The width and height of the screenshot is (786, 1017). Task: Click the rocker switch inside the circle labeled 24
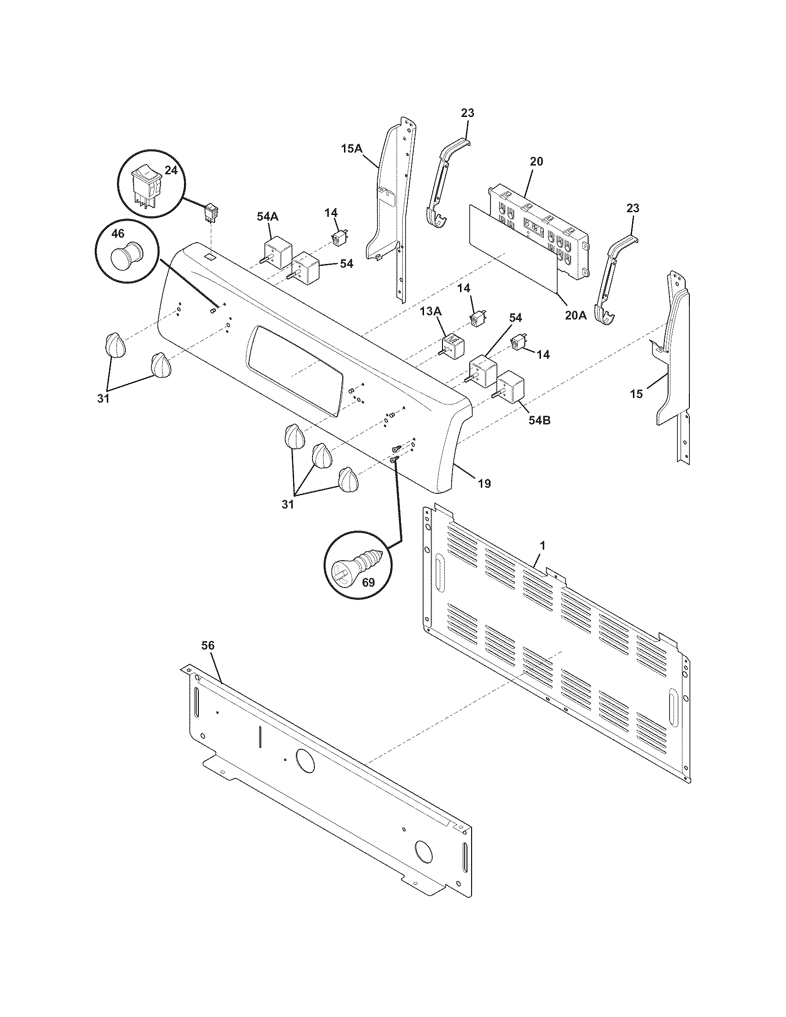click(x=146, y=188)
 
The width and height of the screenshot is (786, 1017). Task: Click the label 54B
click(x=539, y=420)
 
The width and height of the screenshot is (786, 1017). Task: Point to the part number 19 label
click(x=484, y=484)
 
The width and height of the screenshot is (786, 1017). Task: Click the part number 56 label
click(x=208, y=645)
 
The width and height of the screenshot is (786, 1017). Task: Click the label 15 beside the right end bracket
click(x=636, y=394)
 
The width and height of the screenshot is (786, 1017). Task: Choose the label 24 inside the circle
click(x=171, y=171)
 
